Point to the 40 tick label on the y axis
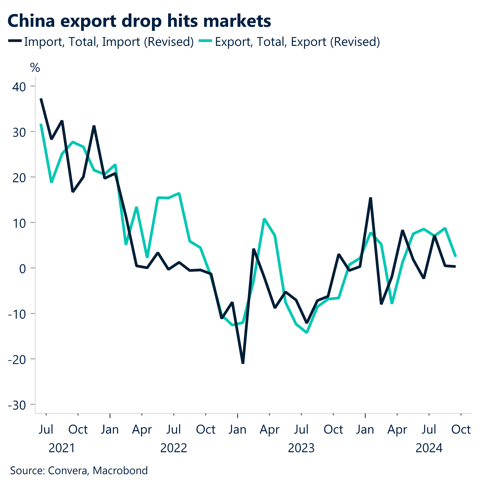[x=19, y=87]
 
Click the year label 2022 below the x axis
[x=174, y=448]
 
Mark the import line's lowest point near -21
[x=243, y=363]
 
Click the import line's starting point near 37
[x=41, y=99]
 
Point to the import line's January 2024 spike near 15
[x=370, y=198]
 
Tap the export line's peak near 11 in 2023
[x=264, y=219]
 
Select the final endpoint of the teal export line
[x=456, y=256]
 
